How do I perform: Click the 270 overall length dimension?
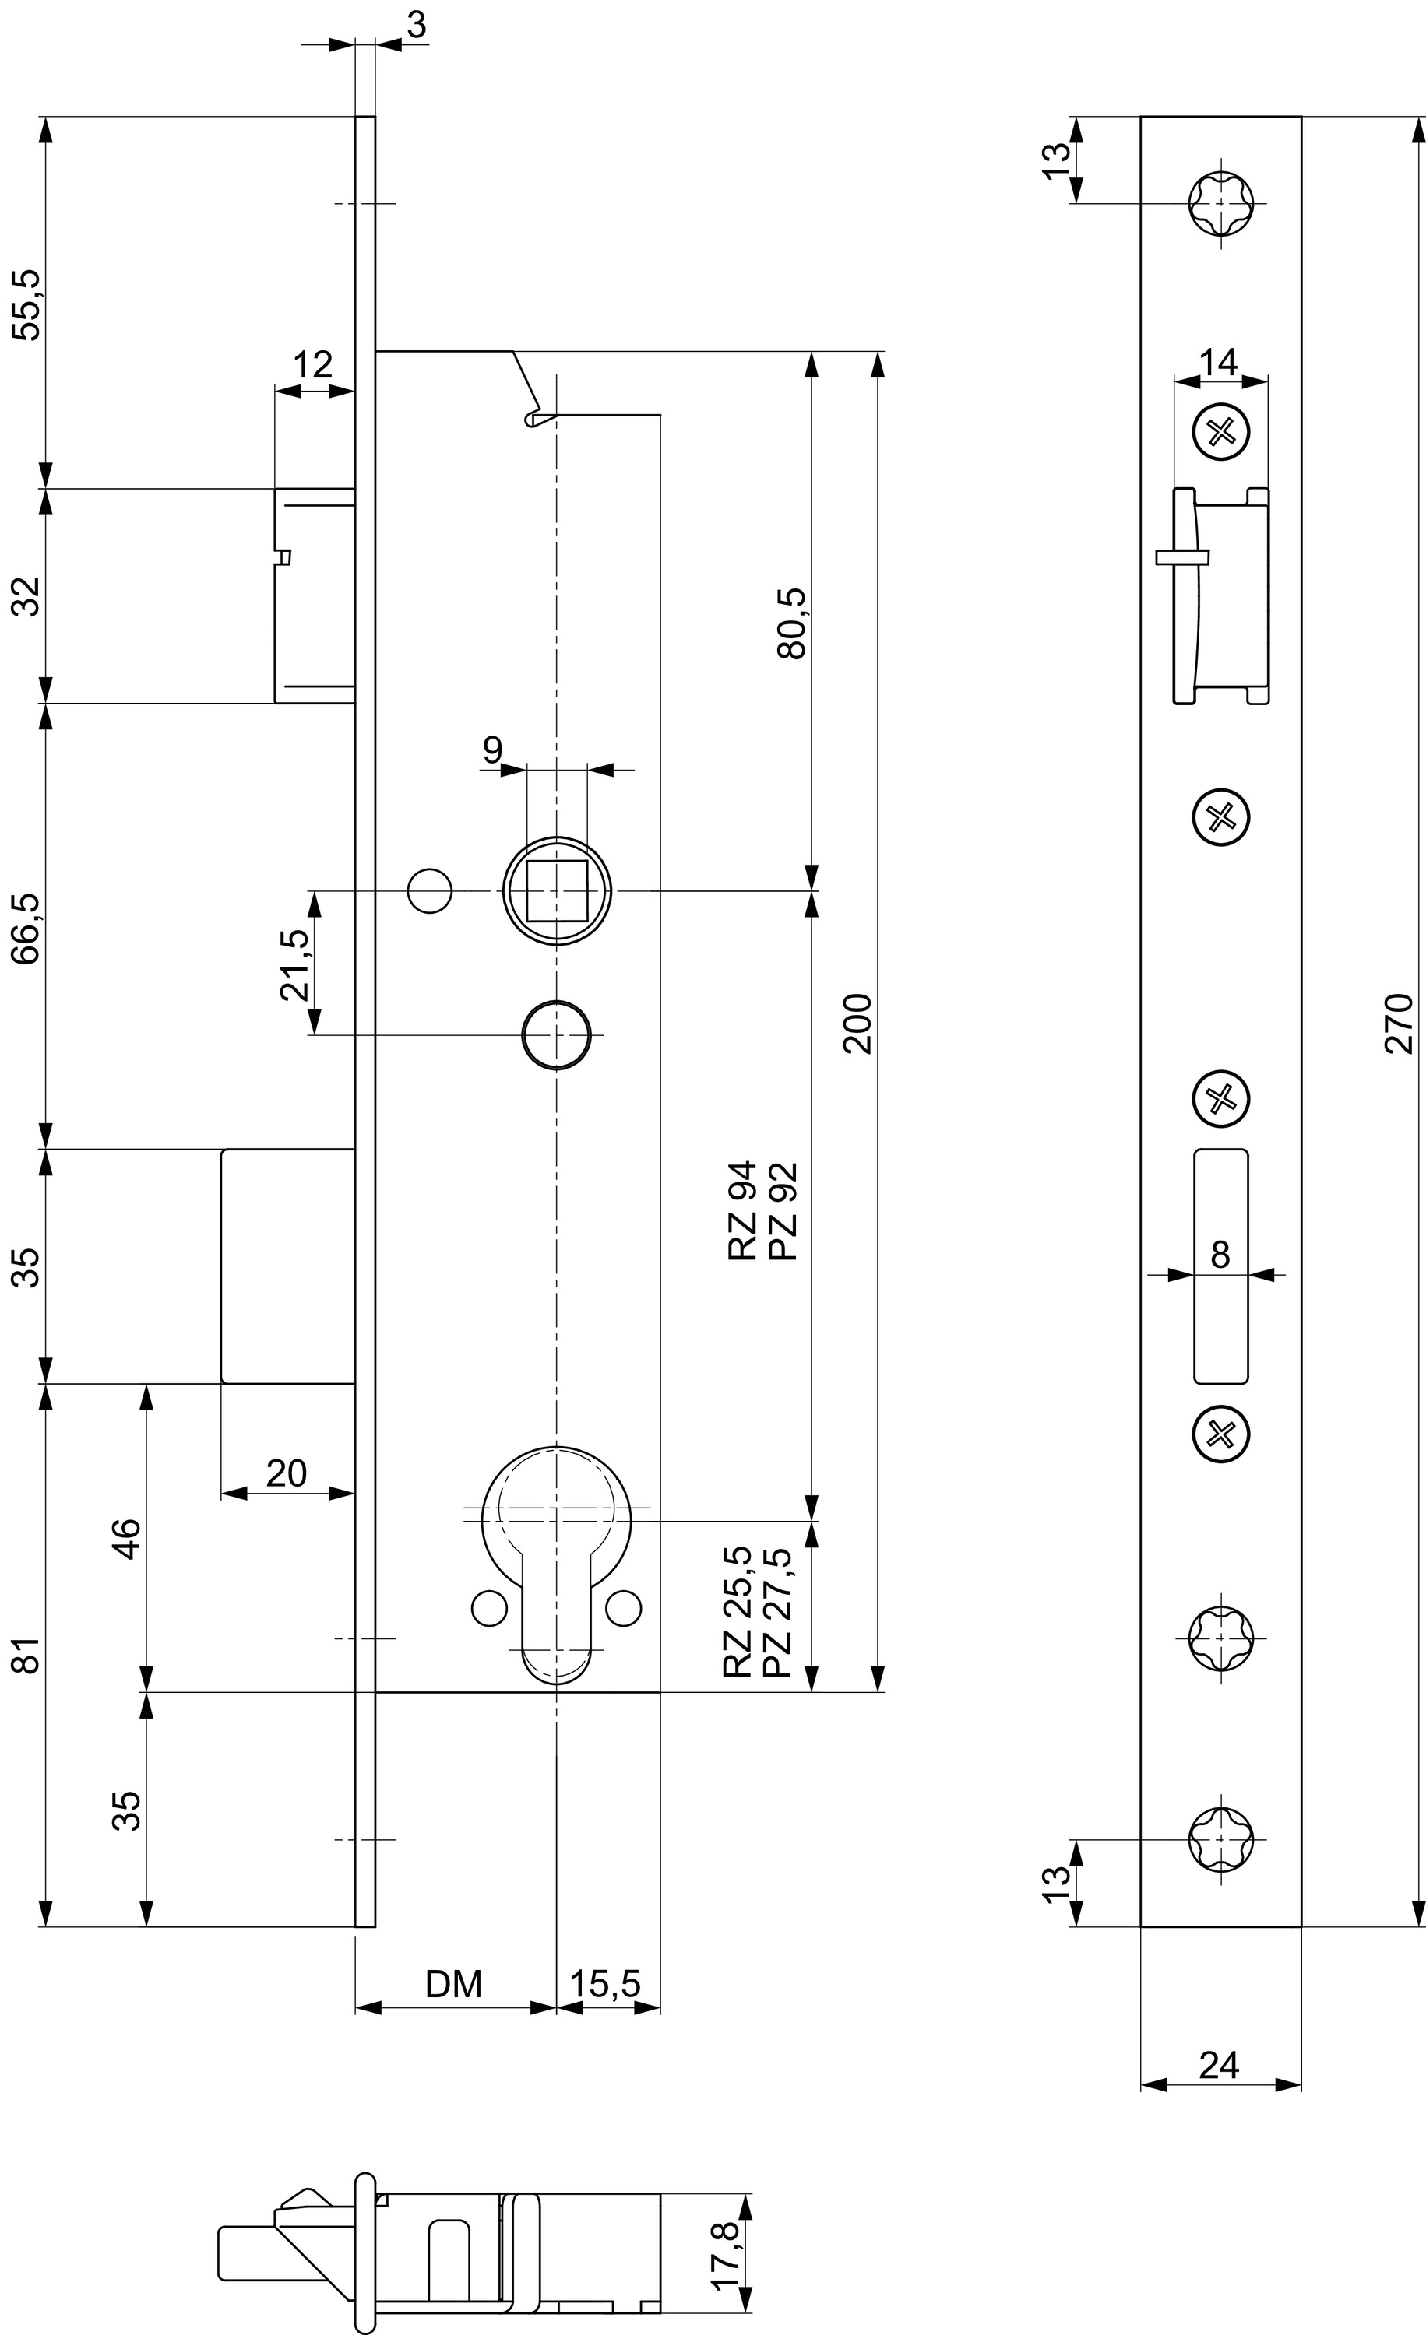point(1400,1023)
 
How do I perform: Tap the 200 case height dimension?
point(858,1023)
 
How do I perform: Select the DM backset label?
point(453,1983)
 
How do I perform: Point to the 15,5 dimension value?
point(605,1983)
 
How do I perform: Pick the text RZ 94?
point(742,1210)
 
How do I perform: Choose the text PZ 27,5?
point(776,1612)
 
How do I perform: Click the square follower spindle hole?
point(557,890)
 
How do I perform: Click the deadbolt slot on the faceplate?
point(1221,1266)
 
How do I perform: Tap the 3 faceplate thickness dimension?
point(415,26)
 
